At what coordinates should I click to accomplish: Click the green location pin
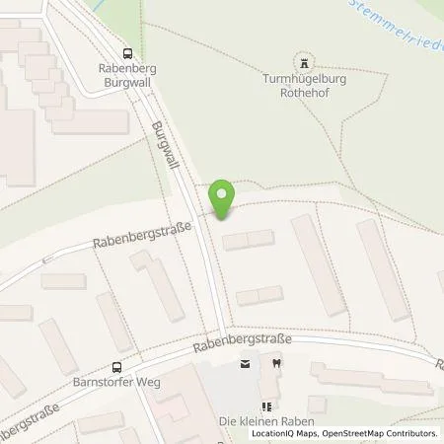point(223,197)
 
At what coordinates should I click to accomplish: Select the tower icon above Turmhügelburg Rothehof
point(304,59)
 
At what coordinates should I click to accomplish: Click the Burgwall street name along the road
point(163,147)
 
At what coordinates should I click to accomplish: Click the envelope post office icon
point(245,364)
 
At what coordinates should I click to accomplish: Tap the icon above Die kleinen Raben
point(264,406)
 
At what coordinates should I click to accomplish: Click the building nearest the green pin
point(248,240)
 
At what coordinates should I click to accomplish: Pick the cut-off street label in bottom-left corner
point(30,422)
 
